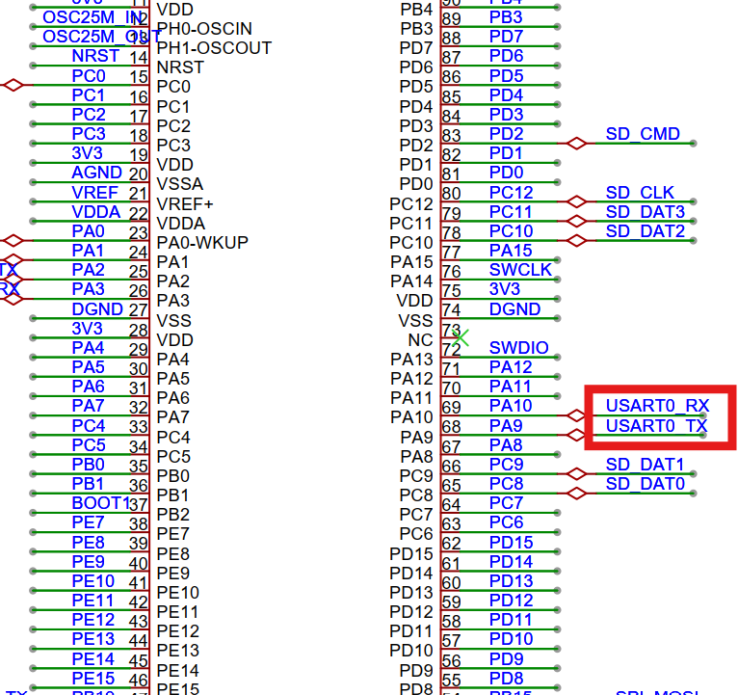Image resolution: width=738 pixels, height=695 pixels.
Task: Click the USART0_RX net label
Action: pyautogui.click(x=657, y=405)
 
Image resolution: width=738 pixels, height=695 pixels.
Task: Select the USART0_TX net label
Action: pyautogui.click(x=656, y=425)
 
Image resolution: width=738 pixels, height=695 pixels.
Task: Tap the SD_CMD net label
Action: pyautogui.click(x=643, y=134)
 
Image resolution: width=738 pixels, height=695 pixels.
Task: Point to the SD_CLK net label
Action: pyautogui.click(x=640, y=193)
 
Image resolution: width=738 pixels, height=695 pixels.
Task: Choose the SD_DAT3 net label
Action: pyautogui.click(x=645, y=212)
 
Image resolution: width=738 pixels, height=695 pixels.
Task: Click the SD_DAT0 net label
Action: pyautogui.click(x=645, y=484)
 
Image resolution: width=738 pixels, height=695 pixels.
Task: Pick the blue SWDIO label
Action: pyautogui.click(x=518, y=347)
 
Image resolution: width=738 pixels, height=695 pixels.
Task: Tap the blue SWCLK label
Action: pyautogui.click(x=520, y=270)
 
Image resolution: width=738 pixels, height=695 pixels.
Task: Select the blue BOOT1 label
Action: pyautogui.click(x=100, y=503)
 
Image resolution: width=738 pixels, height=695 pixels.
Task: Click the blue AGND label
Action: pyautogui.click(x=96, y=173)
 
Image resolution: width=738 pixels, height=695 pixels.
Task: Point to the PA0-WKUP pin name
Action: pyautogui.click(x=202, y=242)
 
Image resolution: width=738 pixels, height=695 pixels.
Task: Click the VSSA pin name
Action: pyautogui.click(x=180, y=184)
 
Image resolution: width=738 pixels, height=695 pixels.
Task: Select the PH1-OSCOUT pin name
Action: pyautogui.click(x=214, y=47)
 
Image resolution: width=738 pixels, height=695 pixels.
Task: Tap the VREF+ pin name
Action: pyautogui.click(x=185, y=203)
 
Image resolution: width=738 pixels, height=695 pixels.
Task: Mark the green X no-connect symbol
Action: pyautogui.click(x=461, y=337)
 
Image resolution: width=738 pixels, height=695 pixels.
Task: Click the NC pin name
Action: pyautogui.click(x=421, y=339)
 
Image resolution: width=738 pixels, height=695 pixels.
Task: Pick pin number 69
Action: pyautogui.click(x=451, y=408)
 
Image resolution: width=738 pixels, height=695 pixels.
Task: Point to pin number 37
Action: pyautogui.click(x=138, y=505)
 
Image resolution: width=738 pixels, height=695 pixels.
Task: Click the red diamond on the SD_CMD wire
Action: pyautogui.click(x=576, y=143)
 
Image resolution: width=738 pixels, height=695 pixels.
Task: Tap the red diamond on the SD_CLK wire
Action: pyautogui.click(x=576, y=201)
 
